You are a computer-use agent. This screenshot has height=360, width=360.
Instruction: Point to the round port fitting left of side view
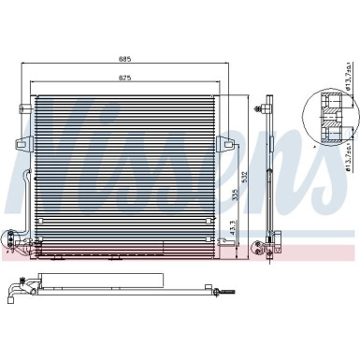(x=255, y=249)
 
